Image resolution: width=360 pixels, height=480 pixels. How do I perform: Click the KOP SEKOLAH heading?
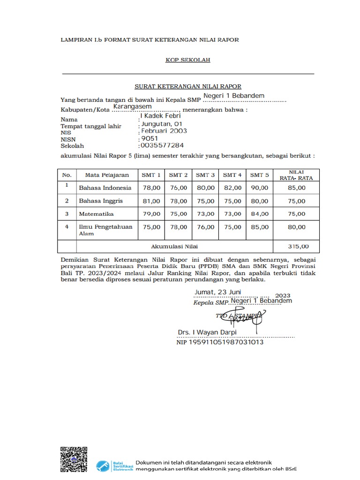187,60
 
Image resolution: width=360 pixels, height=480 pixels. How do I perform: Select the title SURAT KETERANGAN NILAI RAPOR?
188,87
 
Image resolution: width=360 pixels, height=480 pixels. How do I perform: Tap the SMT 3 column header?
205,175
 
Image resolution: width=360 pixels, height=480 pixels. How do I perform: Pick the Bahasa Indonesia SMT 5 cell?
259,187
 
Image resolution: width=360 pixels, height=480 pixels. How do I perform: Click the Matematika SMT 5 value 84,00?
259,214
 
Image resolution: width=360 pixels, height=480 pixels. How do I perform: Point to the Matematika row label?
96,214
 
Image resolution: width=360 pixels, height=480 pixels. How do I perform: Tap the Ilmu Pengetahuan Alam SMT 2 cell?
178,227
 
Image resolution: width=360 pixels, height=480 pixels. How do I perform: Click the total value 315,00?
296,246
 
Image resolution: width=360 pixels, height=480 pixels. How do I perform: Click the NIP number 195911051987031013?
219,343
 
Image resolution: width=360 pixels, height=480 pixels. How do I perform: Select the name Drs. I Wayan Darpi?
207,332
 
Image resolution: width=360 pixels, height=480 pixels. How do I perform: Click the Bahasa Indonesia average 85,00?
296,187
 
